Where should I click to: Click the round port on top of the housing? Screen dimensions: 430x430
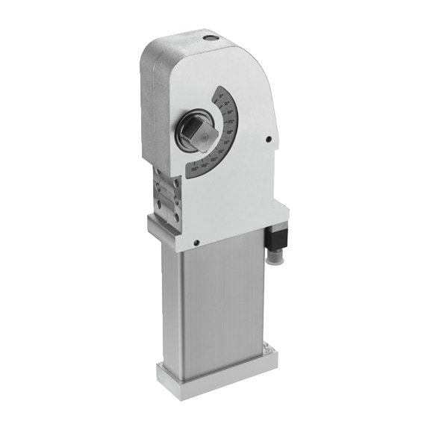(x=207, y=36)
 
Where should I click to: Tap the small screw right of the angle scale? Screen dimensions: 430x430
(x=268, y=138)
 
